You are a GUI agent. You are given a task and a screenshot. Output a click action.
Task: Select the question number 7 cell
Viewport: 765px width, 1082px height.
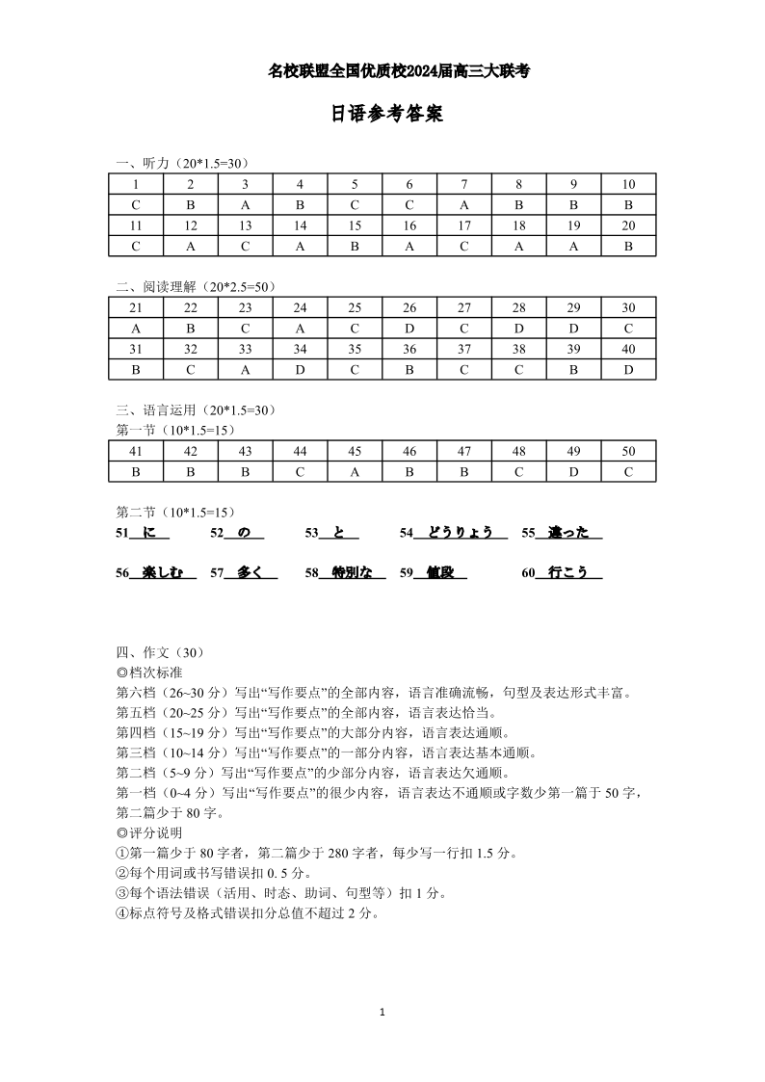(464, 184)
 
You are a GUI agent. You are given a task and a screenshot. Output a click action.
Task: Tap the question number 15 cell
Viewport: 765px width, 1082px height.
(355, 225)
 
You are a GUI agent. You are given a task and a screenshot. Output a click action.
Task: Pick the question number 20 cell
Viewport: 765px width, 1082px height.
(628, 225)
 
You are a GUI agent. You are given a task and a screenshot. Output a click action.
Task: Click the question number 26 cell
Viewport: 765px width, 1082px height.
(409, 308)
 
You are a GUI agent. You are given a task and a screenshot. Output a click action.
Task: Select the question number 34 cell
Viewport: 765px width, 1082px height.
(300, 349)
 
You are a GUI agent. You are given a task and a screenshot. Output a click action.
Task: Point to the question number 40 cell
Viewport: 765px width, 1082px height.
(628, 349)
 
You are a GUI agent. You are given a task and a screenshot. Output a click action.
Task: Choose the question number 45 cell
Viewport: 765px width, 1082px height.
(355, 451)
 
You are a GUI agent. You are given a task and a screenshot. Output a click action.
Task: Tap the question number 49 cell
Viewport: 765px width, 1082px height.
(573, 451)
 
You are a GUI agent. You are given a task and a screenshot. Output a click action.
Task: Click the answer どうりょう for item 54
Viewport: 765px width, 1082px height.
(461, 532)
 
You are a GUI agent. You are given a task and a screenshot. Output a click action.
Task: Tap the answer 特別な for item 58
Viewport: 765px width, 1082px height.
(352, 572)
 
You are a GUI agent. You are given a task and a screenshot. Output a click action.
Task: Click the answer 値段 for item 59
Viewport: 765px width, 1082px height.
(440, 572)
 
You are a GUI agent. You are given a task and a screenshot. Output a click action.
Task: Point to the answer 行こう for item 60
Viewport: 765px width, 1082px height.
(568, 572)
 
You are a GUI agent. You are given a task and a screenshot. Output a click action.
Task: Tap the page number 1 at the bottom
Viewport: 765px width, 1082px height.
(382, 1012)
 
